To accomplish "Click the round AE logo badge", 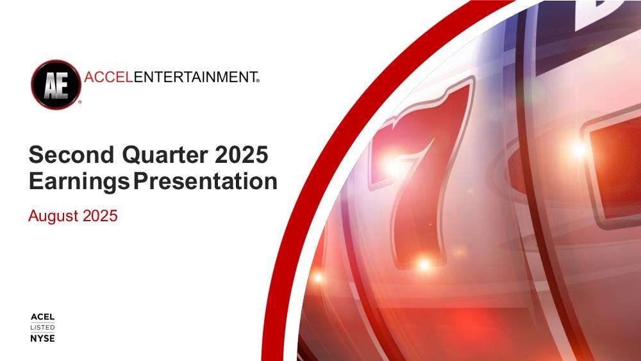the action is point(56,85).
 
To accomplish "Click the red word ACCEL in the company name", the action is point(109,77).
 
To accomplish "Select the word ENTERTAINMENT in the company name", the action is point(195,77).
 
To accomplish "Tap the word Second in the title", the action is point(72,155).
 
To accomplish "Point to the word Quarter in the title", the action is point(165,155).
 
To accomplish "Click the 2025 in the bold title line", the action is point(241,155).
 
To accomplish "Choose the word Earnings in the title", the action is point(79,181).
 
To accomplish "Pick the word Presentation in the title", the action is point(206,181).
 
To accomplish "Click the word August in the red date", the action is point(53,216).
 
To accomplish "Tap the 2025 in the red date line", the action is point(100,215).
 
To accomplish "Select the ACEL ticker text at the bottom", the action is point(42,317).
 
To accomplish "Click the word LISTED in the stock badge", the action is point(42,328).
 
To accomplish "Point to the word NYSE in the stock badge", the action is point(42,338).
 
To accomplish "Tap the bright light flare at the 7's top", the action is point(392,165).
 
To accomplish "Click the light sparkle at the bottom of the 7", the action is point(424,265).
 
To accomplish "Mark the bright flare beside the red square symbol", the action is point(579,149).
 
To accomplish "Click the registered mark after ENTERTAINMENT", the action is point(258,81).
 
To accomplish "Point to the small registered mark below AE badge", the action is point(79,102).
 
